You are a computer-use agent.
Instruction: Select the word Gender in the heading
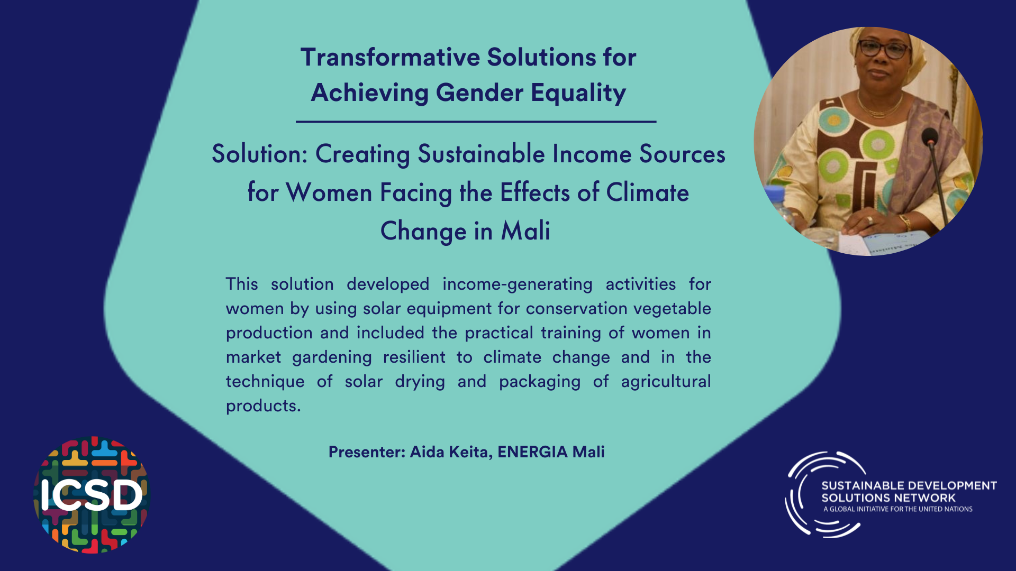tap(479, 93)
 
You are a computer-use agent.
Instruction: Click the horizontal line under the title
tap(476, 122)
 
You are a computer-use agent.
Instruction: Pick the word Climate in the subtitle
tap(647, 192)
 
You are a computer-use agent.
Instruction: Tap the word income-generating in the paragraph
tap(517, 284)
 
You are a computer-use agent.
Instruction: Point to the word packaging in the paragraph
tap(539, 382)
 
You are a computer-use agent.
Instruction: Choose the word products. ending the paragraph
tap(263, 406)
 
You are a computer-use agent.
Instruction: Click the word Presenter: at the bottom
tap(367, 452)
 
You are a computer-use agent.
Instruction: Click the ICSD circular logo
tap(92, 495)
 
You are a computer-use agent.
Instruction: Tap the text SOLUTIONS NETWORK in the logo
tap(888, 498)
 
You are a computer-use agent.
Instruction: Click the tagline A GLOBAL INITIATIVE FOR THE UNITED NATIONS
tap(897, 509)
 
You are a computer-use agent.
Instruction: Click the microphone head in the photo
tap(929, 137)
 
